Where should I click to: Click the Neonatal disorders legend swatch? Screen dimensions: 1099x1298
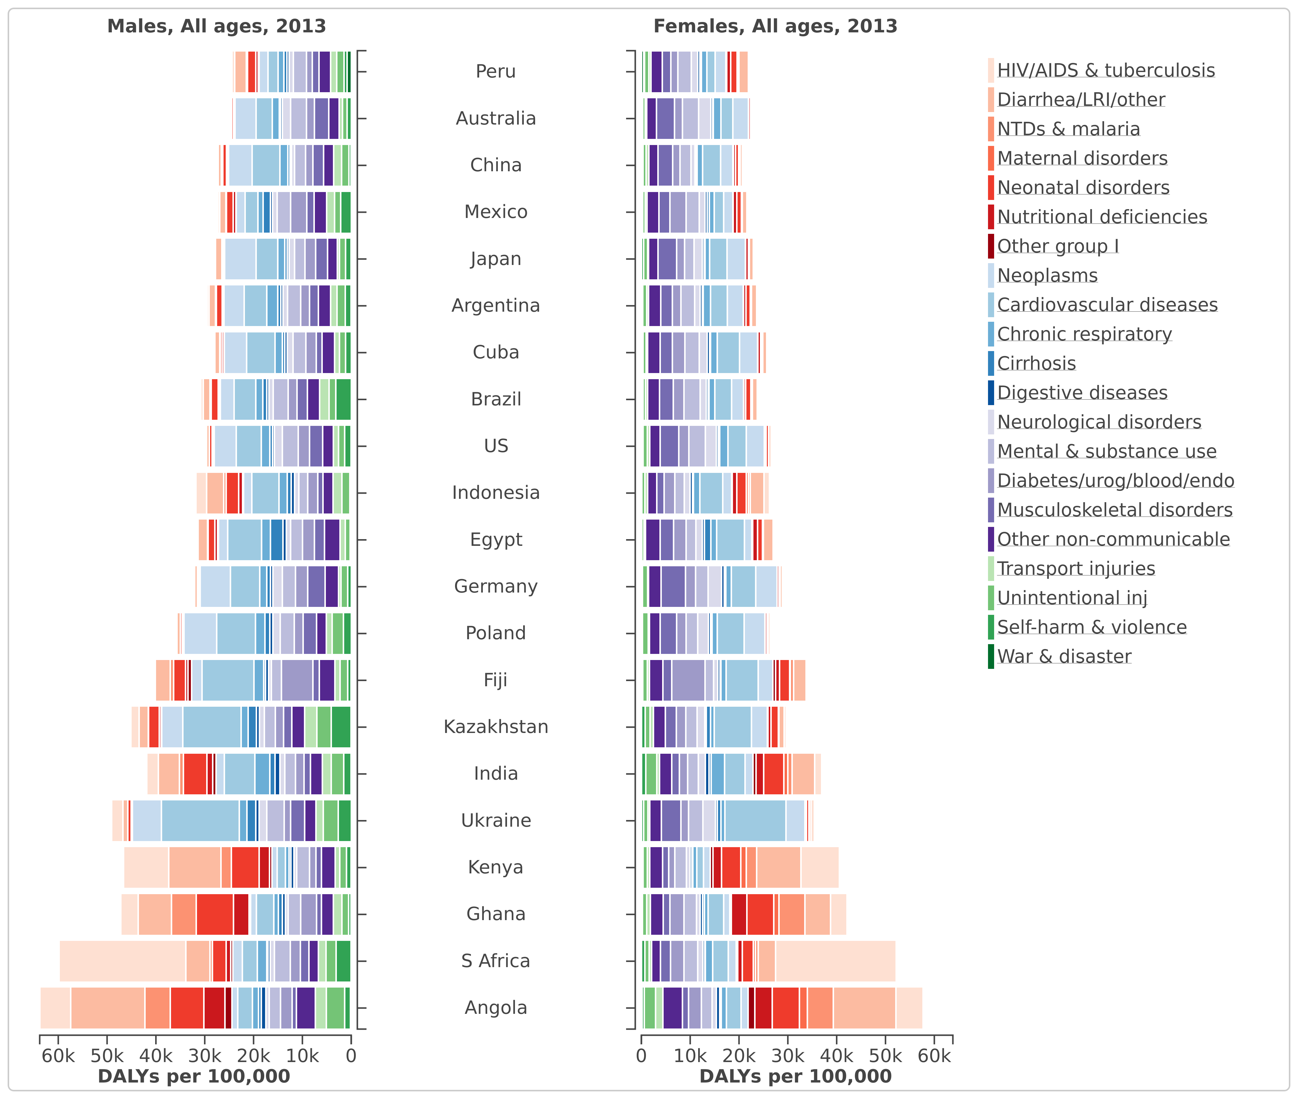pyautogui.click(x=991, y=187)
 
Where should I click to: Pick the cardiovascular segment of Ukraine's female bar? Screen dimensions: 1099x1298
pyautogui.click(x=755, y=821)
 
